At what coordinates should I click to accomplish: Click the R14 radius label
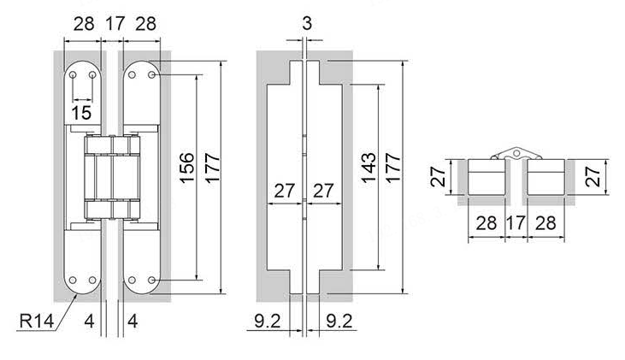click(x=36, y=321)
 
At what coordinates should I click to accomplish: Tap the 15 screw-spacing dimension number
click(x=81, y=113)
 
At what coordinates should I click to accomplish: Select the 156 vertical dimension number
click(x=187, y=168)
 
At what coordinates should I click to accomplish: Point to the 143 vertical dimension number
click(x=369, y=168)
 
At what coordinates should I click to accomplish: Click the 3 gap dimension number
click(x=307, y=23)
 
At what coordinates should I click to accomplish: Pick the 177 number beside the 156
click(x=212, y=168)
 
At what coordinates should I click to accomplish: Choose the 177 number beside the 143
click(x=393, y=168)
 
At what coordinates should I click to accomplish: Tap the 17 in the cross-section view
click(x=516, y=223)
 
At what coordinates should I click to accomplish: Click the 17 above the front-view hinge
click(x=115, y=24)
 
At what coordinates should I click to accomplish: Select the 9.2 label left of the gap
click(x=268, y=321)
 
